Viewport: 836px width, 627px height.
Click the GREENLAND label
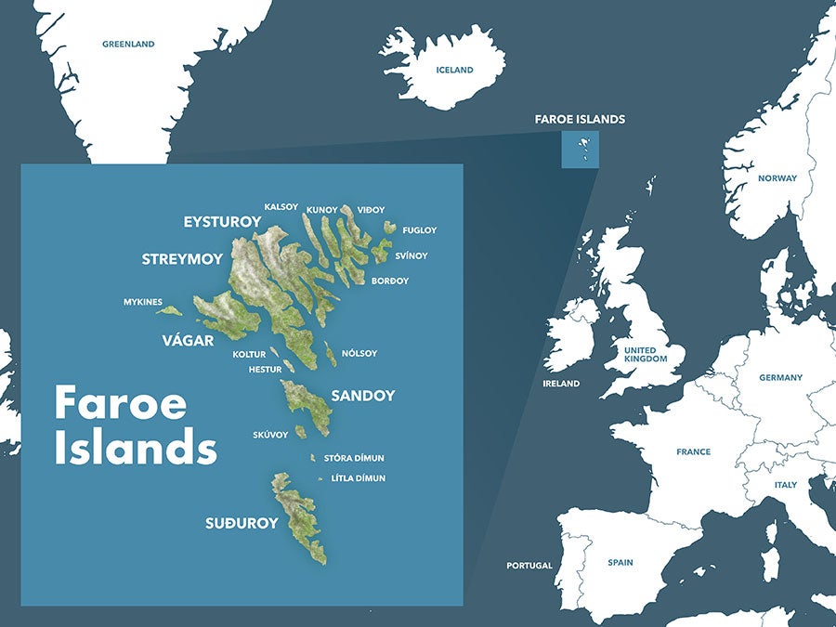128,44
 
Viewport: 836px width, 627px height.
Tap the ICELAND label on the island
455,70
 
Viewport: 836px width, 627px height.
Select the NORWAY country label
777,178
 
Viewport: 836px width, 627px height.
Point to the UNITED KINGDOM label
646,355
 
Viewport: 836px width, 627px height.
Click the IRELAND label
561,384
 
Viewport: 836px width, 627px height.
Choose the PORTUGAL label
529,566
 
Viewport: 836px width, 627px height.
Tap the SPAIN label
620,562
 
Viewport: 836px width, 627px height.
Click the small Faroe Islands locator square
580,150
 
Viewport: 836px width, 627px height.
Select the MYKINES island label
143,302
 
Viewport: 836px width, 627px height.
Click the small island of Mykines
170,311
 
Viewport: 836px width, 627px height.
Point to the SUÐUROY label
242,523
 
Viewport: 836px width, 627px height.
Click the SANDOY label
363,396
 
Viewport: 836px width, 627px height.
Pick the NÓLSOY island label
359,353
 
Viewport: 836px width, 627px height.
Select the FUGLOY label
419,230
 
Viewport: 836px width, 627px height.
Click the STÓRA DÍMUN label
354,458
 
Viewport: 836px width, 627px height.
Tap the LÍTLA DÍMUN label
359,478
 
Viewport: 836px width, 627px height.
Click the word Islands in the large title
136,448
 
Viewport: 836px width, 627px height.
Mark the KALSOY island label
281,206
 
